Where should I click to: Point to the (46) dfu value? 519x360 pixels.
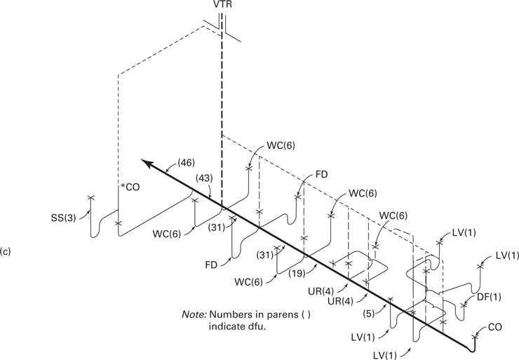point(186,163)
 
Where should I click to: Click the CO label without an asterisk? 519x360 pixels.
point(494,327)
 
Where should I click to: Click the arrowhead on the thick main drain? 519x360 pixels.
point(147,164)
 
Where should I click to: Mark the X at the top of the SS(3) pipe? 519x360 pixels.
point(90,198)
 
